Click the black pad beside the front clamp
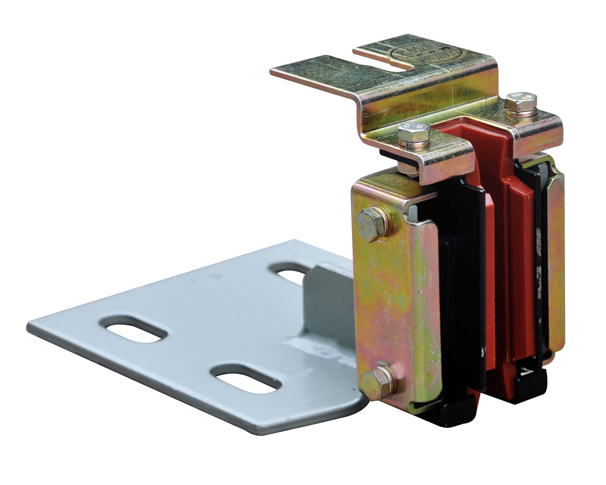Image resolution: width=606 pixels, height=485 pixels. (461, 281)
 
